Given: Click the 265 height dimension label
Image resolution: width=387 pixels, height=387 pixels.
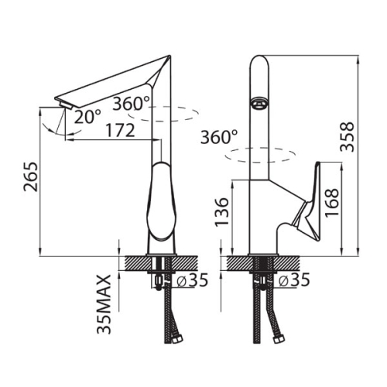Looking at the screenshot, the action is point(31,176).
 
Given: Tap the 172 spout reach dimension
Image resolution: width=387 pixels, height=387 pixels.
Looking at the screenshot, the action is point(121,130).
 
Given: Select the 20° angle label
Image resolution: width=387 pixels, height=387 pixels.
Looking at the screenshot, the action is point(87,116).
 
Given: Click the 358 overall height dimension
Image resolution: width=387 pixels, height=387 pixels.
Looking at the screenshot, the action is point(347,137).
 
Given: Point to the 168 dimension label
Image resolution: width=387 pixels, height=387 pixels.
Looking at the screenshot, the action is point(331,203).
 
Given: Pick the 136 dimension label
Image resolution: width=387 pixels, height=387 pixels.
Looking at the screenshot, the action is point(222,212).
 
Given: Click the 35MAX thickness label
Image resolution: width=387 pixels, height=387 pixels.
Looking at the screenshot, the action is point(104,304).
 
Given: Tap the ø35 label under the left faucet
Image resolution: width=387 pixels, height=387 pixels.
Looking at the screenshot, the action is point(192,280).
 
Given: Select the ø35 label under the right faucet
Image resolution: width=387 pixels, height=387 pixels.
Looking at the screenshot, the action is point(294,280).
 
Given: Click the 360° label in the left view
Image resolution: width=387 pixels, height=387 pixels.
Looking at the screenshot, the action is point(131,104).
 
